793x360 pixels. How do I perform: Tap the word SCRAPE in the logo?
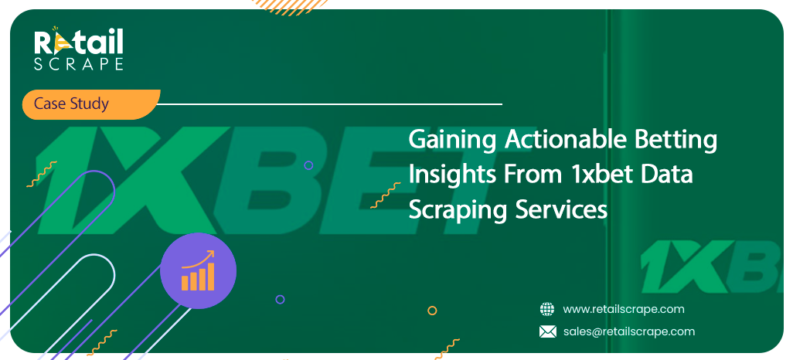click(x=78, y=64)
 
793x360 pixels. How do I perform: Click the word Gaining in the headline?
click(x=452, y=141)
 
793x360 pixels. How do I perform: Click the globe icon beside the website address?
click(x=547, y=309)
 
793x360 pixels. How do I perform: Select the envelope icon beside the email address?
click(x=547, y=331)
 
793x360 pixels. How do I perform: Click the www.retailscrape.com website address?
click(x=624, y=309)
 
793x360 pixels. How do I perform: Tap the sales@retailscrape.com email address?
click(x=628, y=331)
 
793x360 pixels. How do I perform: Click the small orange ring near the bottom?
click(x=432, y=311)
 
